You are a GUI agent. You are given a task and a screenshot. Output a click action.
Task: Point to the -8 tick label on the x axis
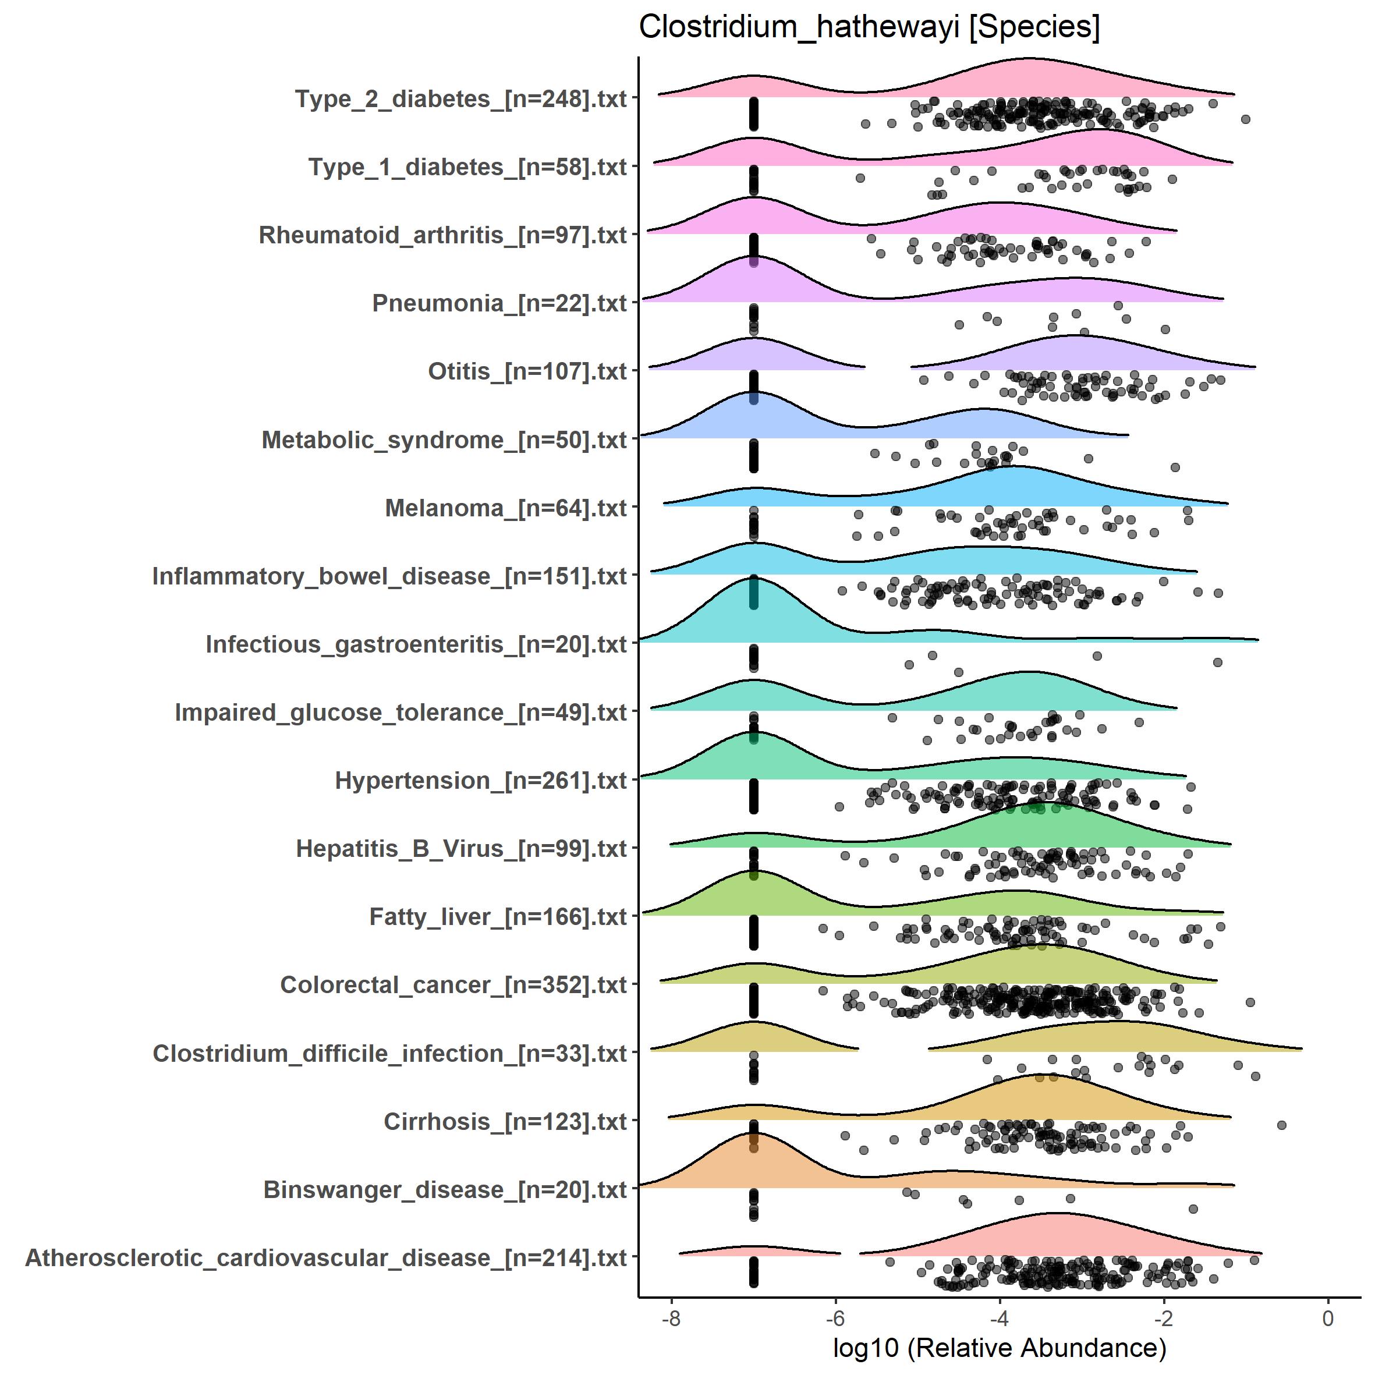coord(671,1318)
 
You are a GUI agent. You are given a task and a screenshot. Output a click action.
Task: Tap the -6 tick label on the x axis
coord(835,1318)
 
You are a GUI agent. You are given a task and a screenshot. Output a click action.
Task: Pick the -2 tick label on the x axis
coord(1164,1318)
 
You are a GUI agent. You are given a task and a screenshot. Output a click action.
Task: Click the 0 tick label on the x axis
coord(1328,1318)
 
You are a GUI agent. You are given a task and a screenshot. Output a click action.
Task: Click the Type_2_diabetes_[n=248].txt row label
coord(460,99)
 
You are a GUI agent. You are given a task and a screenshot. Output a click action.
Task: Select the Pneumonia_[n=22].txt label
coord(499,303)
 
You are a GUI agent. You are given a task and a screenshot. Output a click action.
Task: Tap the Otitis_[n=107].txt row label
coord(527,371)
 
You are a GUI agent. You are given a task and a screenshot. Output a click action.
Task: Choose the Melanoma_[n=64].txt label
coord(505,508)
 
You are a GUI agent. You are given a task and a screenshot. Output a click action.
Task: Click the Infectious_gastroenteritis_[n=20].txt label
coord(416,644)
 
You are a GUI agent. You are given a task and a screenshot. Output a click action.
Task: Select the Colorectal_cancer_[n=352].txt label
coord(453,985)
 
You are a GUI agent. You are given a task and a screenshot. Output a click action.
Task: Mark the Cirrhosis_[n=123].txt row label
coord(505,1122)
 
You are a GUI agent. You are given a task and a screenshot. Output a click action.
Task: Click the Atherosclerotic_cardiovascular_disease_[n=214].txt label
coord(326,1257)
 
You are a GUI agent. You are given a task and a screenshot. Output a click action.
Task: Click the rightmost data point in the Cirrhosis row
coord(1282,1125)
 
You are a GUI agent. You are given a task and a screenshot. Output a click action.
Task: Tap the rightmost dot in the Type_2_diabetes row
coord(1245,119)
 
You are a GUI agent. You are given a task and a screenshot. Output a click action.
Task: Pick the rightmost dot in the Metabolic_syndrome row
coord(1175,467)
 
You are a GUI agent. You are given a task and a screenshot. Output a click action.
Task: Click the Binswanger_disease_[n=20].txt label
coord(445,1189)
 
